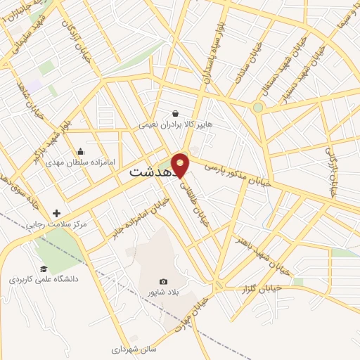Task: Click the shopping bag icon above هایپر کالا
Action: pyautogui.click(x=175, y=113)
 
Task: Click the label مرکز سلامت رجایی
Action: pyautogui.click(x=56, y=224)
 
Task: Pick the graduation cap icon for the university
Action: pyautogui.click(x=44, y=269)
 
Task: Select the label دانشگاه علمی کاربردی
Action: pyautogui.click(x=44, y=279)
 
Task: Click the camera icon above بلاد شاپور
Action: pyautogui.click(x=164, y=282)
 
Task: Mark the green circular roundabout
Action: pyautogui.click(x=258, y=108)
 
